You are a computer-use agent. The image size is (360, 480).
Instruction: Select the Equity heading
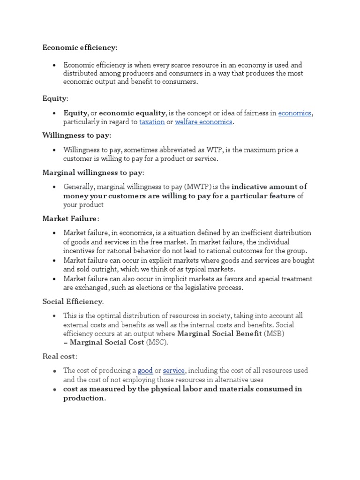coord(55,98)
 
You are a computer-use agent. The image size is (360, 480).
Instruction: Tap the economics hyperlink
coord(295,113)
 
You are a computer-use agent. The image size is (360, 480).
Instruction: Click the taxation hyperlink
coord(152,122)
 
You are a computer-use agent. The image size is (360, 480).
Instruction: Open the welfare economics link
coord(204,122)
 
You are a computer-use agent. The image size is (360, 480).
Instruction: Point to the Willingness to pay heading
coord(76,135)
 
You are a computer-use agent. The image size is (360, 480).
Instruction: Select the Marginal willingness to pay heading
coord(93,172)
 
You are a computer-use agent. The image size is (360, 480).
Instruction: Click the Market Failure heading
coord(70,218)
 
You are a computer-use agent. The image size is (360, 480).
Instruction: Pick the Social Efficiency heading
coord(73,301)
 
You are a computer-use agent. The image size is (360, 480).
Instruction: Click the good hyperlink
coord(145,370)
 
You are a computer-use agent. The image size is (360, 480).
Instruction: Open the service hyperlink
coord(173,370)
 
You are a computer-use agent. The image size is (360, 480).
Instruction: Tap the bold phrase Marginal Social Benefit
coord(219,334)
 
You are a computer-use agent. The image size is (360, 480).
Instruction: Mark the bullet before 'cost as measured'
coord(54,389)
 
